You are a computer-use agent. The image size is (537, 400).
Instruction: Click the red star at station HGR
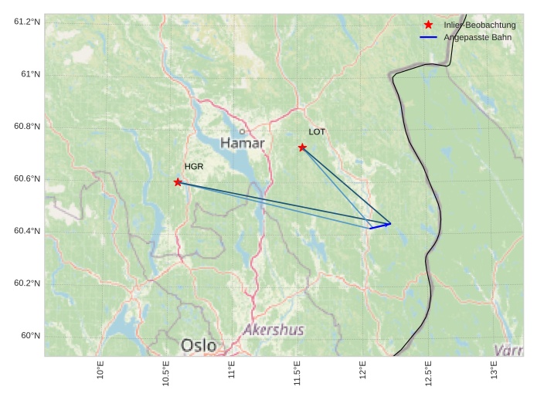pos(178,182)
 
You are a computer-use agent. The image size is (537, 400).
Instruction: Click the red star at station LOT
pos(302,147)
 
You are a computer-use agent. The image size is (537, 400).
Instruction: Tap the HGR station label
pos(194,167)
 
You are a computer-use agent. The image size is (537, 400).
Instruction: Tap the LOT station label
pos(317,132)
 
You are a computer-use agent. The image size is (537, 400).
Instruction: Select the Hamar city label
pos(242,144)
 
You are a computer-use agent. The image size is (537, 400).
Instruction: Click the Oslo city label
pos(199,344)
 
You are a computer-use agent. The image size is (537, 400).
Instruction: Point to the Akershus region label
pos(274,330)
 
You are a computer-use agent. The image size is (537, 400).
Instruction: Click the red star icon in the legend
pos(428,25)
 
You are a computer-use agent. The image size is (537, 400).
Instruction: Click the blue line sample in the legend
pos(428,37)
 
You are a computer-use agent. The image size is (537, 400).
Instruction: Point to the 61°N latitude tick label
pos(29,74)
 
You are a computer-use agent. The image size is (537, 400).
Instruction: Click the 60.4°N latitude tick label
pos(26,231)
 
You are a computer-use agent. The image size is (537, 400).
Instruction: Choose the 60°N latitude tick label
pos(29,335)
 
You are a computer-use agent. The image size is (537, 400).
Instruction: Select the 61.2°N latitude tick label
pos(26,22)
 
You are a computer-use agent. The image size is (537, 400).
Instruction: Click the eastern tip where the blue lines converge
pos(391,224)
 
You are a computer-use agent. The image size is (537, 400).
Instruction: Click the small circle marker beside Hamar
pos(242,131)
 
